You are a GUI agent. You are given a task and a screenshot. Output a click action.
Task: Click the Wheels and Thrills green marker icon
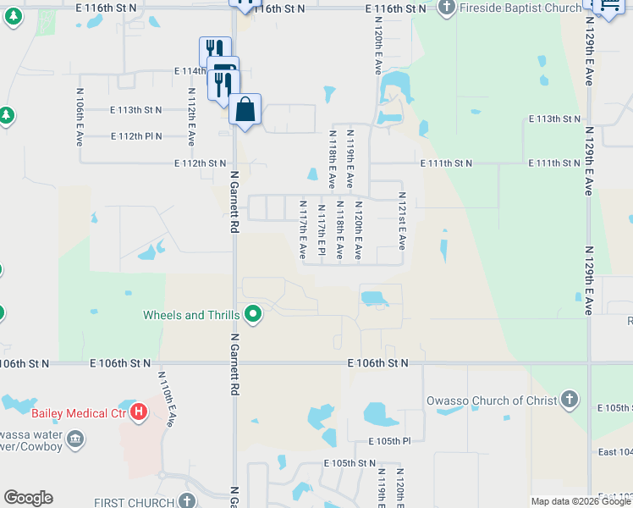(x=252, y=315)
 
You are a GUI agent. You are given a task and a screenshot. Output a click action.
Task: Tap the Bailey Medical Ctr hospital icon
(x=139, y=413)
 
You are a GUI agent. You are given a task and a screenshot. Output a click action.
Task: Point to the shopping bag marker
(x=245, y=110)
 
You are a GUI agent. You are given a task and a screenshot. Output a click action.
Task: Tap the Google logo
(x=28, y=498)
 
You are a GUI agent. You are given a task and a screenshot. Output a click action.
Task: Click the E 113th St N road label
(x=136, y=110)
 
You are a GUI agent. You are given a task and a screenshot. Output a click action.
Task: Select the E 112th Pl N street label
(x=136, y=135)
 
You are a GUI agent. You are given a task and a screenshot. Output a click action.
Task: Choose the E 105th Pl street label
(x=389, y=441)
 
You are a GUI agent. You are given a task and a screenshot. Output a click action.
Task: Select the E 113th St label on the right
(x=556, y=119)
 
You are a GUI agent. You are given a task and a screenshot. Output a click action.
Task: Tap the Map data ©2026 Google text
(x=581, y=501)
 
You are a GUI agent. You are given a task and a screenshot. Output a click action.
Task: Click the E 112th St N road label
(x=201, y=163)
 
